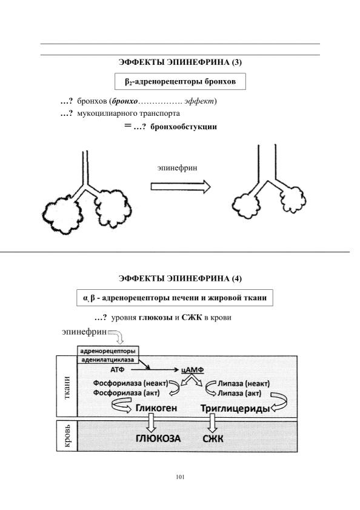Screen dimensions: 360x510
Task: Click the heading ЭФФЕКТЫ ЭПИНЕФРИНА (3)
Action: coord(180,62)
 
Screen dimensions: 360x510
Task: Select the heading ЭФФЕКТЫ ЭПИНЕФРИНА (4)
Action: coord(180,278)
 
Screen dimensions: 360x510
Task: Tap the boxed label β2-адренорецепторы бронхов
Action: coord(180,82)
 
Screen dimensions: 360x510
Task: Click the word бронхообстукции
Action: coord(184,127)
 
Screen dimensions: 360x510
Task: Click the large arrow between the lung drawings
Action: coord(181,187)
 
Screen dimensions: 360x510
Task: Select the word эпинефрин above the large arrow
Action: coord(177,168)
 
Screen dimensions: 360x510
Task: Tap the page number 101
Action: coord(180,477)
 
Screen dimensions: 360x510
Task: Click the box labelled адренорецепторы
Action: coord(108,351)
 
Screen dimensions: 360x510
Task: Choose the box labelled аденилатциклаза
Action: coord(108,360)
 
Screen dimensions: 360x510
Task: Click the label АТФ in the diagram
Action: coord(118,370)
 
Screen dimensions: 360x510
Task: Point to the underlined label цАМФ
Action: coord(193,370)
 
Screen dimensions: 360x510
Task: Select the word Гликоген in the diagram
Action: coord(156,408)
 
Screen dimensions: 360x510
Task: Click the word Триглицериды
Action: coord(235,408)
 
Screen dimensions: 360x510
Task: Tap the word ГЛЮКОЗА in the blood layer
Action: coord(158,438)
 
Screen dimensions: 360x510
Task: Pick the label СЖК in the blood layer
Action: coord(213,439)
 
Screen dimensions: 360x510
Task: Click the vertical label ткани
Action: coord(67,388)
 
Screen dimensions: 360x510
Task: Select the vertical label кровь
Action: coord(67,435)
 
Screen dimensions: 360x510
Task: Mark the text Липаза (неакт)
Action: coord(244,384)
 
